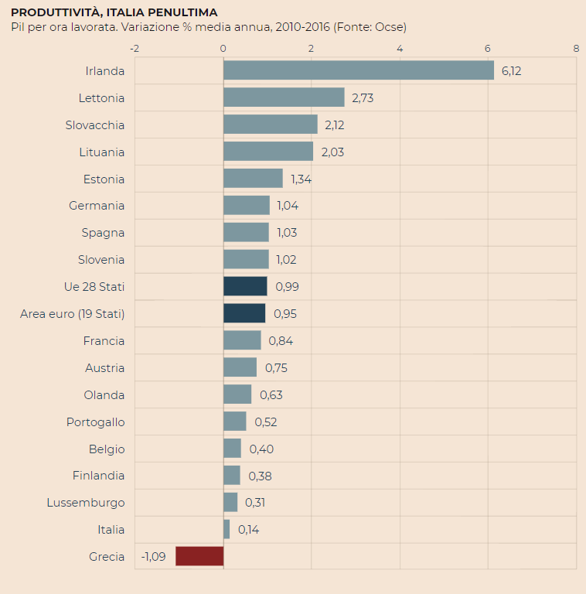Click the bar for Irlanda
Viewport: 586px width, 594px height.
(358, 70)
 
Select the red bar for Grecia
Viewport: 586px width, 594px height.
(199, 556)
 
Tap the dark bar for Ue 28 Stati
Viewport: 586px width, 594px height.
(245, 286)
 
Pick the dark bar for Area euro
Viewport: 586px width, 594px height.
(244, 313)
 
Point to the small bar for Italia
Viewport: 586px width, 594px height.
(227, 529)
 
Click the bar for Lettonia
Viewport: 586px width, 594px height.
(284, 97)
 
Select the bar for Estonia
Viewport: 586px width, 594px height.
(253, 179)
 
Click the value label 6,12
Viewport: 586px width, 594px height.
(512, 71)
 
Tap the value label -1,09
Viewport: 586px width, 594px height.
(153, 557)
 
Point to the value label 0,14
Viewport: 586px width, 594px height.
(248, 530)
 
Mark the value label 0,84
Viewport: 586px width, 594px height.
(281, 341)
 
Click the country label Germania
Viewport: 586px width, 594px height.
(97, 206)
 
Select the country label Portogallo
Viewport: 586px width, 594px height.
(96, 422)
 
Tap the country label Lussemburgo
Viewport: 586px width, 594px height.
(86, 503)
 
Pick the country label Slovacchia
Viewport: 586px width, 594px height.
(95, 125)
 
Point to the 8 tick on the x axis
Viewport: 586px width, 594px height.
(576, 48)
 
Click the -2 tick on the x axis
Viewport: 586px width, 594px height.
(135, 48)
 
